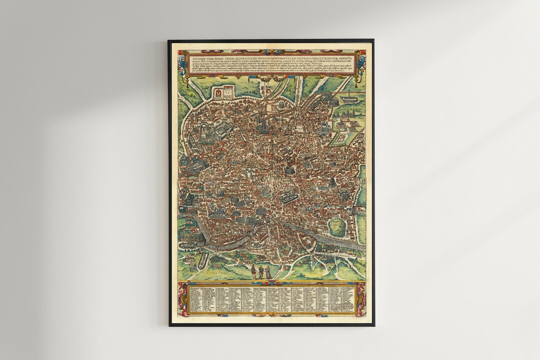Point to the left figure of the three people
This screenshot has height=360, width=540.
coord(253,272)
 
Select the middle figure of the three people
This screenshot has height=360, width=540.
coord(261,272)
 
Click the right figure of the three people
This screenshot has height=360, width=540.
coord(268,272)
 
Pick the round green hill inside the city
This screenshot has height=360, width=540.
coord(337,227)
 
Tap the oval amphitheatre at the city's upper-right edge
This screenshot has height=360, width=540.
coord(333,101)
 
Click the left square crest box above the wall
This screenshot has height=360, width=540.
coord(218,92)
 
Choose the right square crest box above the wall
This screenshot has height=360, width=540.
coord(229,91)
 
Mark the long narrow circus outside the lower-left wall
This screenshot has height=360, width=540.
coord(203,259)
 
